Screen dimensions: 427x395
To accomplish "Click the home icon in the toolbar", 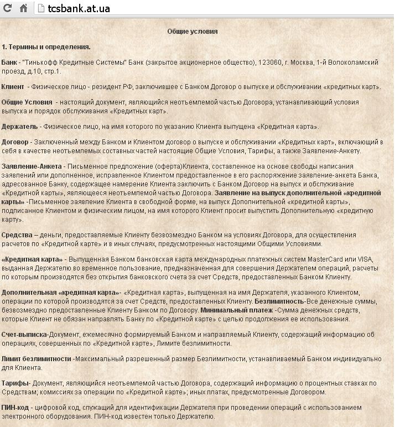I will click(x=24, y=8).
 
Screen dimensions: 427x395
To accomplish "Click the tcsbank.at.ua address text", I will click(x=79, y=8).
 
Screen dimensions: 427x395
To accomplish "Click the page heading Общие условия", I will click(x=193, y=32).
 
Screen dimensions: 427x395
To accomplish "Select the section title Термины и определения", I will click(x=49, y=47).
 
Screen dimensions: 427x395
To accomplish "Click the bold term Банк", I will click(x=9, y=63).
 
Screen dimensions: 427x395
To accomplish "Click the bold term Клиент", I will click(x=13, y=87).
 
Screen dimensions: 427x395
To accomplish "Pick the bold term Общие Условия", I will click(x=27, y=102).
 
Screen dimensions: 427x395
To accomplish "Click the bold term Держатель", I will click(x=19, y=127).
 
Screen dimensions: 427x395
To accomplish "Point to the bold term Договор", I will click(x=15, y=142).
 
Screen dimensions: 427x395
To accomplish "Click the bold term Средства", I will click(x=17, y=235).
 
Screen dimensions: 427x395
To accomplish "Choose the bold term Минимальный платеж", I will click(x=237, y=310).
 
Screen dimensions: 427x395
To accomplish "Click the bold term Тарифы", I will click(x=15, y=383).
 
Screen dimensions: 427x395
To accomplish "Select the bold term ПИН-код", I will click(x=15, y=408).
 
